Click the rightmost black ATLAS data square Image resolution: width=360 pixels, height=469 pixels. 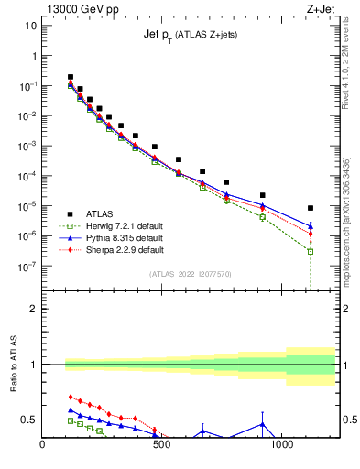click(x=311, y=208)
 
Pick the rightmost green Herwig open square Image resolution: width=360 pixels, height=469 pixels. click(x=311, y=251)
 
